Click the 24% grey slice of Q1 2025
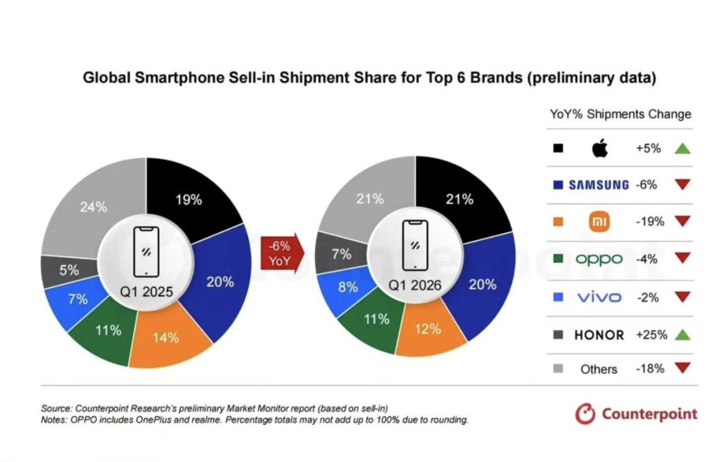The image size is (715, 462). (x=92, y=207)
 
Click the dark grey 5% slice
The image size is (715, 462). (x=70, y=269)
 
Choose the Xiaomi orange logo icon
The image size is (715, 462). (x=600, y=222)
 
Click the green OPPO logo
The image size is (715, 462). (x=599, y=260)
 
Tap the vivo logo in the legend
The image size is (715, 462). (x=599, y=297)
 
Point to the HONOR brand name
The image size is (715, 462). (x=599, y=335)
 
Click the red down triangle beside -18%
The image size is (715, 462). (x=683, y=368)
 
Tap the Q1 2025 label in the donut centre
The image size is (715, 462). (x=147, y=290)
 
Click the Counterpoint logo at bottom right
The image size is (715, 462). (x=636, y=414)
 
